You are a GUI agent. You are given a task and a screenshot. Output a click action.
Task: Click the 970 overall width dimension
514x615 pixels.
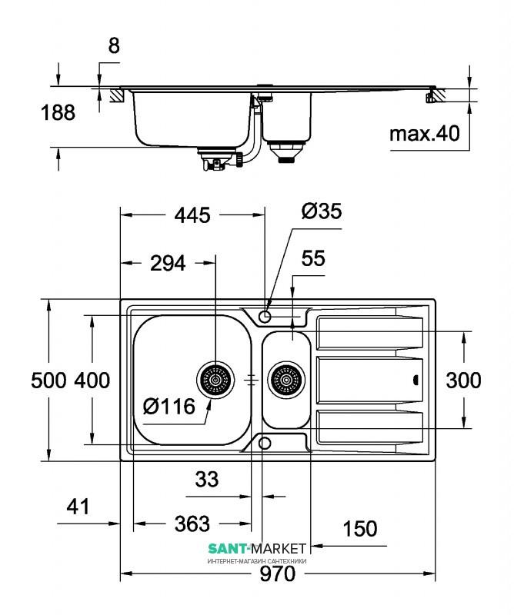pyautogui.click(x=277, y=573)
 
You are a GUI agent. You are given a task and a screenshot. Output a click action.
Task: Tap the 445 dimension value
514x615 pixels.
pyautogui.click(x=192, y=215)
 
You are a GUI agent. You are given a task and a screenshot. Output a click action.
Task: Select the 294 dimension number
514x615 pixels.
pyautogui.click(x=168, y=263)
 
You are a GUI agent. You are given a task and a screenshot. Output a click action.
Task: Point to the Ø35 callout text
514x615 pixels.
pyautogui.click(x=322, y=211)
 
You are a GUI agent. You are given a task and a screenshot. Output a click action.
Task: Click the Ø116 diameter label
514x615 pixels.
pyautogui.click(x=169, y=407)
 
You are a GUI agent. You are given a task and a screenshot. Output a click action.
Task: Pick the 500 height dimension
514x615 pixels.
pyautogui.click(x=48, y=381)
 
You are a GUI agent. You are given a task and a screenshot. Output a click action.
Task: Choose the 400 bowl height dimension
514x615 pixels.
pyautogui.click(x=92, y=381)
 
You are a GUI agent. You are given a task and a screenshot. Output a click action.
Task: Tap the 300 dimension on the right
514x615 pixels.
pyautogui.click(x=463, y=381)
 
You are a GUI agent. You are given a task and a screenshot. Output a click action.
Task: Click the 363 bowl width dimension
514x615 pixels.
pyautogui.click(x=192, y=524)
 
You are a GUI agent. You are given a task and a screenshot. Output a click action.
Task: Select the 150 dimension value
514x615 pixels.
pyautogui.click(x=360, y=529)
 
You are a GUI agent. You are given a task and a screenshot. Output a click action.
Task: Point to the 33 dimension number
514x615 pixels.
pyautogui.click(x=207, y=479)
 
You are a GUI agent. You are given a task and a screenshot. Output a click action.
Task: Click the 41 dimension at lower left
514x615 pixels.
pyautogui.click(x=78, y=507)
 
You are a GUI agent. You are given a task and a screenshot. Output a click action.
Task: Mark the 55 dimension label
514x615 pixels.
pyautogui.click(x=313, y=259)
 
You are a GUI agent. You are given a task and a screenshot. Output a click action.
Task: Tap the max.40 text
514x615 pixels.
pyautogui.click(x=425, y=134)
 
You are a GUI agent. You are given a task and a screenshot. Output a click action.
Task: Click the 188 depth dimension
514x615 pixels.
pyautogui.click(x=58, y=112)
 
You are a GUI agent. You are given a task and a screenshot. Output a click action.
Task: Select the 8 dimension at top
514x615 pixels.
pyautogui.click(x=114, y=46)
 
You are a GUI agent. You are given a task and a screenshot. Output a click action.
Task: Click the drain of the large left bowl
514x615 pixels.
pyautogui.click(x=215, y=380)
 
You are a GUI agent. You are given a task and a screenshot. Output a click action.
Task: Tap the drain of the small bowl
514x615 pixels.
pyautogui.click(x=286, y=380)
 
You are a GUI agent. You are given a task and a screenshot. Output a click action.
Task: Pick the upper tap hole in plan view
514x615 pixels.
pyautogui.click(x=265, y=316)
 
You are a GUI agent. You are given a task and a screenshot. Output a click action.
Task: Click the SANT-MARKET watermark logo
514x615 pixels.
pyautogui.click(x=257, y=548)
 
